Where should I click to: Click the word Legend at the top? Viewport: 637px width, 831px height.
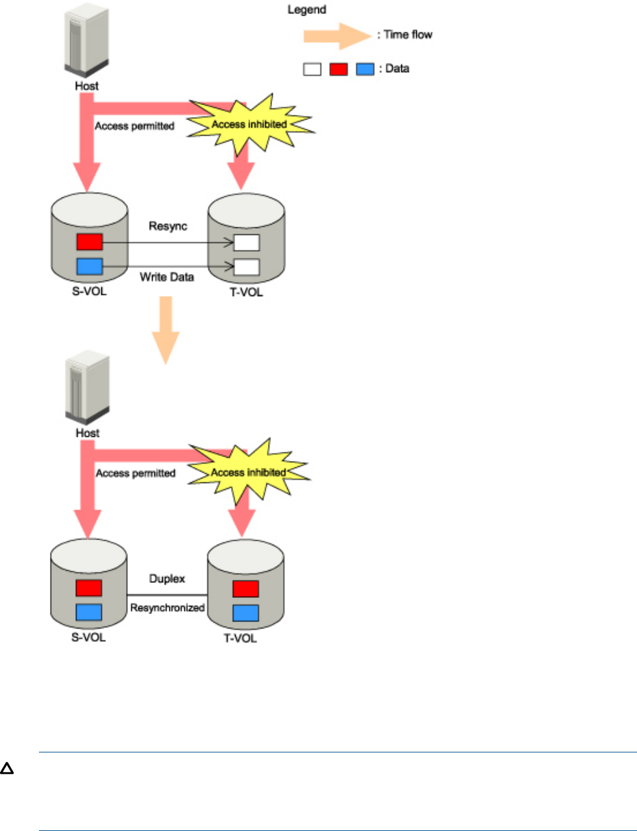[306, 10]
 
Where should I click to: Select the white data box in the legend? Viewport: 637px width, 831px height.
[312, 69]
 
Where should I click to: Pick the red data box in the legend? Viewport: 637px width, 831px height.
[338, 69]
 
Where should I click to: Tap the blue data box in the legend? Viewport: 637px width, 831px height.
[366, 69]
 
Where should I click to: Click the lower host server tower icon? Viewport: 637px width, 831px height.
[87, 388]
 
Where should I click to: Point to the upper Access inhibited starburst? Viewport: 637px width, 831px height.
[249, 124]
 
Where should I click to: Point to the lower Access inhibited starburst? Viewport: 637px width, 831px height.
[248, 472]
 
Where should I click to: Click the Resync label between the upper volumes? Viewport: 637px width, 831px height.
[168, 226]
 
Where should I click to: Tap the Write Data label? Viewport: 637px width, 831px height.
[167, 277]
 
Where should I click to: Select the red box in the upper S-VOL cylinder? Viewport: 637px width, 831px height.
[90, 242]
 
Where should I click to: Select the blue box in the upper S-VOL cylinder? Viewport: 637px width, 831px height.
[90, 266]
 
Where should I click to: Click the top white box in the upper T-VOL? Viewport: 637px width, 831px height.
[246, 243]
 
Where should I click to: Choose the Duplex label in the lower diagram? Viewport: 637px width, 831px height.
[167, 578]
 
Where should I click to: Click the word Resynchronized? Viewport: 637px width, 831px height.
[168, 608]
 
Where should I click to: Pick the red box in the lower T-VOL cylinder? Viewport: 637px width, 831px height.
[245, 589]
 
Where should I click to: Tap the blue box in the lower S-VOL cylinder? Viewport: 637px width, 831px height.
[89, 612]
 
